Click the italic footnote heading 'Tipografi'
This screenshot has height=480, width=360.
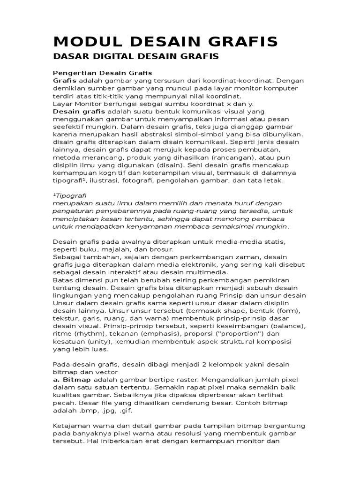point(71,195)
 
